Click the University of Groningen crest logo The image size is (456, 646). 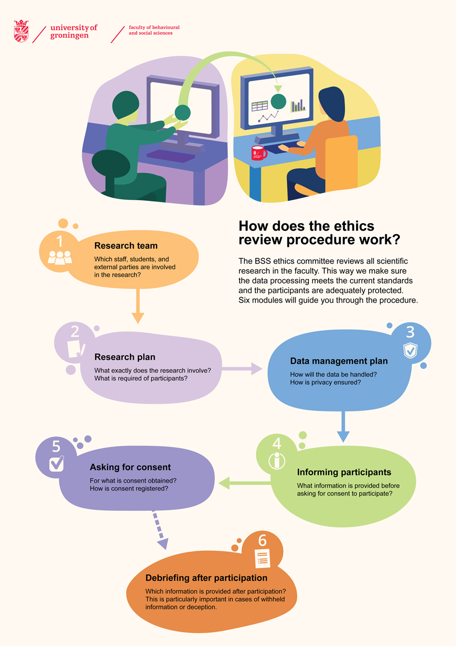pos(21,31)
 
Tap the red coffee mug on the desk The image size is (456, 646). pos(259,153)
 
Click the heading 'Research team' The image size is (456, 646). pos(126,246)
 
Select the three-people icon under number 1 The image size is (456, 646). pos(60,258)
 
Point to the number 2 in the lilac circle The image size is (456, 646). pos(75,332)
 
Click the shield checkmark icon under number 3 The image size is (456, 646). pos(410,350)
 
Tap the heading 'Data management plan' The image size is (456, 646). pos(339,361)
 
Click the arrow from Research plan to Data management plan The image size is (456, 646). pos(242,369)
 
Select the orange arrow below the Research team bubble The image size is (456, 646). pos(138,306)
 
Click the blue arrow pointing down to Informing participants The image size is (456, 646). pos(343,426)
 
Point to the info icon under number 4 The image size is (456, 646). pos(277,461)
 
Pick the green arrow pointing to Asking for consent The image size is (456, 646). pos(244,483)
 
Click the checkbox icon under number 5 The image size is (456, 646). pos(57,463)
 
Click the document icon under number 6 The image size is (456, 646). pos(263,559)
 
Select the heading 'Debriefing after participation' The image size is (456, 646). pos(206,578)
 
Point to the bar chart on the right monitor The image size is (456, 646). pos(298,106)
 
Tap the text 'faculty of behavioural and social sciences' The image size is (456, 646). pos(154,30)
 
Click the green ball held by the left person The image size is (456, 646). pos(183,112)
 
